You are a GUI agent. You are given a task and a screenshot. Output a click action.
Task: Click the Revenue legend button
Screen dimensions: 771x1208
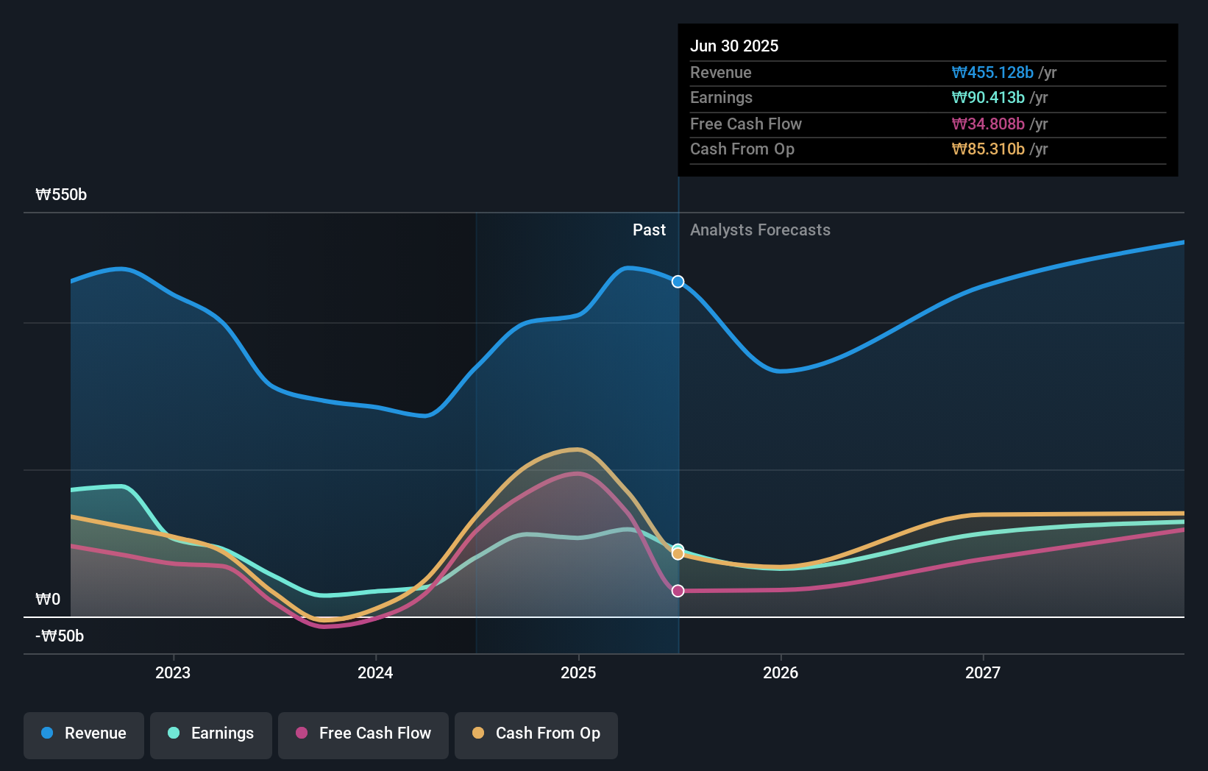(x=84, y=733)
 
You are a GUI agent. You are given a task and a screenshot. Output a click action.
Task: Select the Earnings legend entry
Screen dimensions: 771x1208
(x=211, y=733)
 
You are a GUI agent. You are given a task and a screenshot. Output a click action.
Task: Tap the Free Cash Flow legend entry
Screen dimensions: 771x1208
(x=363, y=733)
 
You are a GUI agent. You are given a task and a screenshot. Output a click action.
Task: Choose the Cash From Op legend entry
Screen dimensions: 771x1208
(x=536, y=733)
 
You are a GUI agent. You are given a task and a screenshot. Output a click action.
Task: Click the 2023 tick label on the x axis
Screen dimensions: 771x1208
(x=173, y=672)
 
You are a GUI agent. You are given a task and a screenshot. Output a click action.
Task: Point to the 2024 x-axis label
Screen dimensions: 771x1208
(x=375, y=672)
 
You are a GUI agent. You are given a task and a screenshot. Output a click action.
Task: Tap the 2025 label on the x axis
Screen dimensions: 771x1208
(x=578, y=672)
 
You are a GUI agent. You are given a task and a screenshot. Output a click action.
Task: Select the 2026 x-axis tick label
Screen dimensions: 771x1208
(x=781, y=672)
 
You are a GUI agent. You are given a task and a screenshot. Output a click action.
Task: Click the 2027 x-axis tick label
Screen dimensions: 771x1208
(x=983, y=672)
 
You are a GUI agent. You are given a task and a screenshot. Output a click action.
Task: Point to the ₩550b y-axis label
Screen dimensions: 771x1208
(x=61, y=195)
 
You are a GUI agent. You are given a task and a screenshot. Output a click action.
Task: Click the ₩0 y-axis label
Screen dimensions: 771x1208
(x=48, y=599)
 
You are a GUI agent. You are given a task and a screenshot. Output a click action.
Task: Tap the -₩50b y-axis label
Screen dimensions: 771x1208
(x=60, y=636)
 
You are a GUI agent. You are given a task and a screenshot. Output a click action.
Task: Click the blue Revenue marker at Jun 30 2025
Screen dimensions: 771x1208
(x=678, y=282)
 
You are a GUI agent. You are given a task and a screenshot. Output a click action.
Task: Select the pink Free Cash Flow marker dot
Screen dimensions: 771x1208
(x=678, y=591)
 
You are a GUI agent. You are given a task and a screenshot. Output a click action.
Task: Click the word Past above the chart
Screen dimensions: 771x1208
(x=649, y=230)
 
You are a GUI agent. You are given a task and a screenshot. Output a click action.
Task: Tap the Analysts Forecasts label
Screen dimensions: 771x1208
(x=760, y=230)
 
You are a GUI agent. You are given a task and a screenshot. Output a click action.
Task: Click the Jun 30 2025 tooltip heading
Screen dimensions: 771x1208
(x=734, y=46)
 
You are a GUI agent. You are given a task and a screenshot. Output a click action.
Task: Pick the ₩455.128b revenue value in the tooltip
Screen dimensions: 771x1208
(x=992, y=73)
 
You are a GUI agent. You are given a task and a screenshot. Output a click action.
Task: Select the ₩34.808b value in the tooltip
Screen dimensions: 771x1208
(x=988, y=124)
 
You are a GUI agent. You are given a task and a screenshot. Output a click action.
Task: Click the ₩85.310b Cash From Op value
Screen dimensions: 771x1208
(x=988, y=149)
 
